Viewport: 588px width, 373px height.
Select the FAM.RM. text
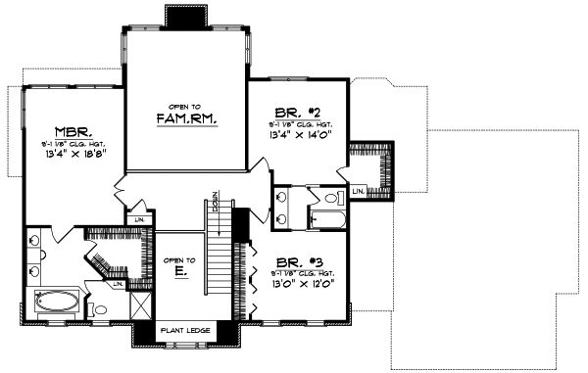pyautogui.click(x=186, y=118)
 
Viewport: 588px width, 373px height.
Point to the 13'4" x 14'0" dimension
pyautogui.click(x=301, y=136)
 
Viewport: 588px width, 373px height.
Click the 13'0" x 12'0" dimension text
pyautogui.click(x=302, y=285)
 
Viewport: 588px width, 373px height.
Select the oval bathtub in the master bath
pyautogui.click(x=59, y=303)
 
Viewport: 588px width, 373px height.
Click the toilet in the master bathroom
pyautogui.click(x=99, y=310)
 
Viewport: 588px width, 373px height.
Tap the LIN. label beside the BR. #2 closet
pyautogui.click(x=358, y=189)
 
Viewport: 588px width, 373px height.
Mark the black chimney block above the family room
pyautogui.click(x=183, y=18)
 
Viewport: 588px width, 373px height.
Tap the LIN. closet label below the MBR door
pyautogui.click(x=140, y=218)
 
